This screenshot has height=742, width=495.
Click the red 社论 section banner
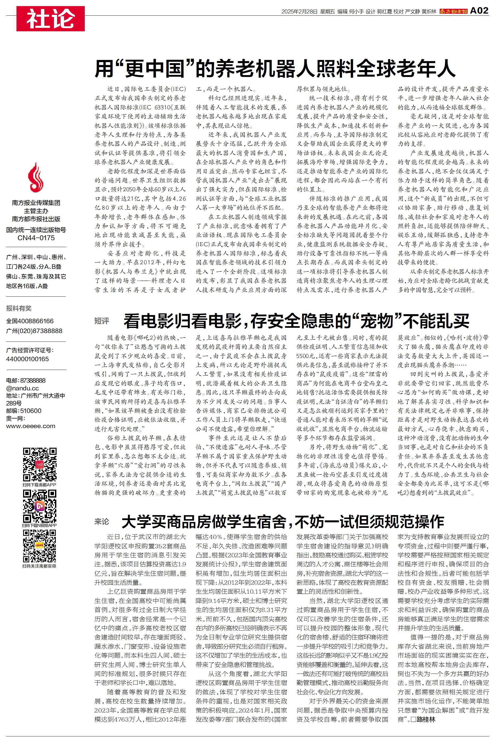pos(50,19)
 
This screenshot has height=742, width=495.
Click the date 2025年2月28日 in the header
pos(299,12)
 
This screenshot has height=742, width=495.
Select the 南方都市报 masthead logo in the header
pos(453,12)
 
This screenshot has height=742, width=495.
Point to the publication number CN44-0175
pos(36,238)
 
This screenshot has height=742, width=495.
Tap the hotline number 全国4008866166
pos(30,321)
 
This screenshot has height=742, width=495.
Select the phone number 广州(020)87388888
pos(34,331)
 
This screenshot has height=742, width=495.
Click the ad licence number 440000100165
pos(27,359)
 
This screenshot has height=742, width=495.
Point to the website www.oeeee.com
pos(31,426)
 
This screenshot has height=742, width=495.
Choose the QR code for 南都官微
pos(40,546)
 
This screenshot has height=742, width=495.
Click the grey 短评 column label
pos(102,321)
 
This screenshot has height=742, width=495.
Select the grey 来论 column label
pos(102,522)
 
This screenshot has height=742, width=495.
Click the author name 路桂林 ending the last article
pos(426,719)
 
